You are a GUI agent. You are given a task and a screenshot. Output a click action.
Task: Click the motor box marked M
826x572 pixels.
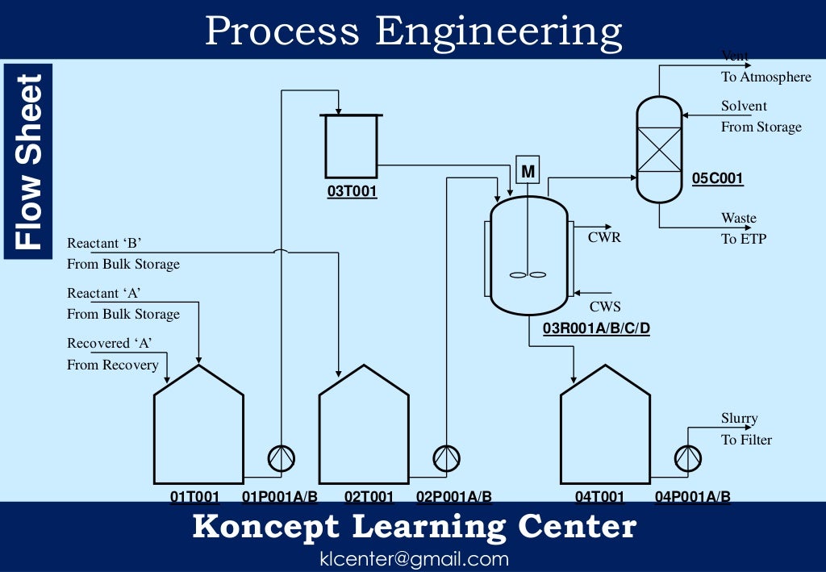coord(528,171)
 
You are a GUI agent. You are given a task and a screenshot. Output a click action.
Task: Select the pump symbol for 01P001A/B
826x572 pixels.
coord(282,458)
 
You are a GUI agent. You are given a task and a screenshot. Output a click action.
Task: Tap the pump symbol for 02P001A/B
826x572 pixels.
coord(446,458)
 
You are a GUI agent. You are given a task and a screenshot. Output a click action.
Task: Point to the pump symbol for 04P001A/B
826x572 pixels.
coord(688,458)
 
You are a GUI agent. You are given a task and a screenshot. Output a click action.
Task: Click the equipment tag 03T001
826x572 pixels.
coord(352,193)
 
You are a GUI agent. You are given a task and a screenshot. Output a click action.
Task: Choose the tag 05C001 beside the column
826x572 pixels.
coord(718,178)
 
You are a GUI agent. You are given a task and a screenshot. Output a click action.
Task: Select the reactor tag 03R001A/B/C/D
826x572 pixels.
coord(596,328)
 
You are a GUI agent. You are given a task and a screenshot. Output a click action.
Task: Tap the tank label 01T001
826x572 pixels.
coord(194,497)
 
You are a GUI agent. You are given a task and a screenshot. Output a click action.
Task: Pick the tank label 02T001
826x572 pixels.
coord(369,497)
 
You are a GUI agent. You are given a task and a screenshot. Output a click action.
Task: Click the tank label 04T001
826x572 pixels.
coord(599,497)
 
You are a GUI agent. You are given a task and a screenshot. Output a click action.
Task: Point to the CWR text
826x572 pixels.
coord(605,237)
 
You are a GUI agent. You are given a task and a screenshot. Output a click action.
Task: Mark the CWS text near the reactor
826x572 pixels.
coord(605,307)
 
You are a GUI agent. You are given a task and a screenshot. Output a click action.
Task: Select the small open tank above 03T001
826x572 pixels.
coord(351,146)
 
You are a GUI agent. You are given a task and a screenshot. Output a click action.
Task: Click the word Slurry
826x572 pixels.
coord(740,419)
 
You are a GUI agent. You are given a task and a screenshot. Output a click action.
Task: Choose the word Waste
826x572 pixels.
coord(739,218)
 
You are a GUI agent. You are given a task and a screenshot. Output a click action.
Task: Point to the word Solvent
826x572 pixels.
coord(745,106)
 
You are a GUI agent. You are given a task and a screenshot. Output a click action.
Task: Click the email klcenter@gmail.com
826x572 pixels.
coord(414,558)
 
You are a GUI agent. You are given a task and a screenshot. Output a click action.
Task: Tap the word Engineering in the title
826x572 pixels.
coord(499,31)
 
